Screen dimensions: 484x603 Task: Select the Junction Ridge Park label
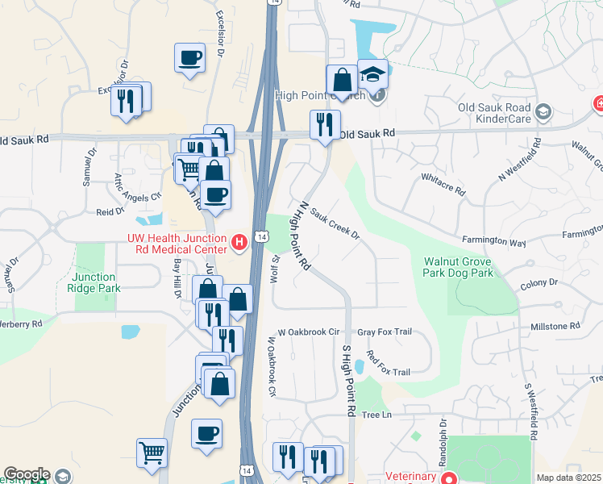pyautogui.click(x=95, y=282)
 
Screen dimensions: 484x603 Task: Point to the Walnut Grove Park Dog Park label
pyautogui.click(x=458, y=267)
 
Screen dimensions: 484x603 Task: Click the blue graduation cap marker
pyautogui.click(x=372, y=75)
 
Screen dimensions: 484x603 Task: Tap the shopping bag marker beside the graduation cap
pyautogui.click(x=342, y=81)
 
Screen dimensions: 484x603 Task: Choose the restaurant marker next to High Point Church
pyautogui.click(x=325, y=125)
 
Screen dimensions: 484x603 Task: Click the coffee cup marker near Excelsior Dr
pyautogui.click(x=189, y=58)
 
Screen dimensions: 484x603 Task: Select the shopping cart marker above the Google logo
pyautogui.click(x=152, y=453)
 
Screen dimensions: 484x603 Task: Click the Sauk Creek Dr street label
pyautogui.click(x=334, y=227)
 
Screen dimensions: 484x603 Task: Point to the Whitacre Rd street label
pyautogui.click(x=443, y=185)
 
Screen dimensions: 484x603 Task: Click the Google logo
pyautogui.click(x=26, y=474)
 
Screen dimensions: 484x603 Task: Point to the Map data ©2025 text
pyautogui.click(x=568, y=478)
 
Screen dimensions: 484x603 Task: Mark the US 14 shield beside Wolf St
pyautogui.click(x=258, y=236)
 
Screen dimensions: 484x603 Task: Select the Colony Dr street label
pyautogui.click(x=539, y=283)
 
